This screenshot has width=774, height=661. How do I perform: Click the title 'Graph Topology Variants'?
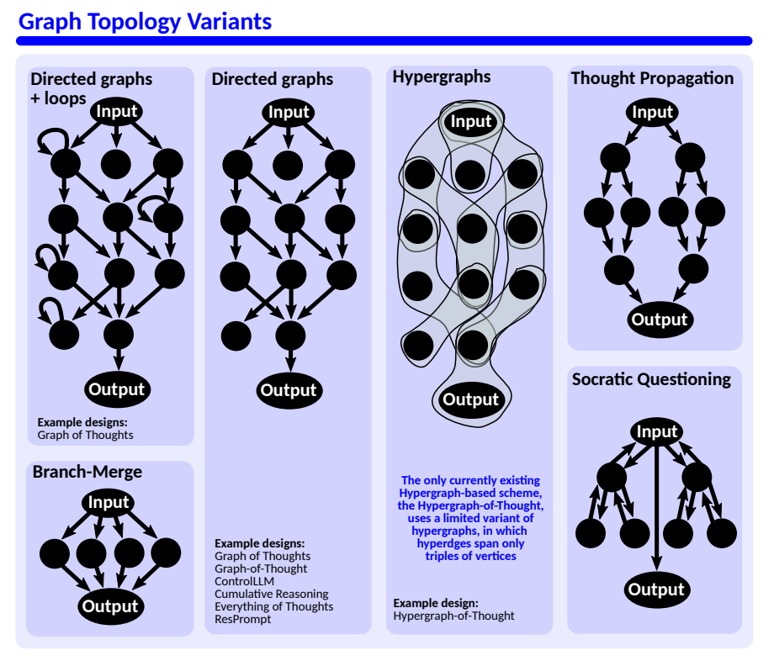click(145, 21)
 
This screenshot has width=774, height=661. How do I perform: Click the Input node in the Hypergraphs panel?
click(471, 122)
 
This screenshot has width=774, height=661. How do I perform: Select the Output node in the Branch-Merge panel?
click(109, 606)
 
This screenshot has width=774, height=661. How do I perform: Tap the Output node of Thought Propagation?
click(660, 320)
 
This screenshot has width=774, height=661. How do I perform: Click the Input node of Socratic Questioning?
click(657, 432)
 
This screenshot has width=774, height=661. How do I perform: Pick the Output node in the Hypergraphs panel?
click(471, 399)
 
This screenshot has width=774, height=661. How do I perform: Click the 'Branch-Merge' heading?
click(87, 472)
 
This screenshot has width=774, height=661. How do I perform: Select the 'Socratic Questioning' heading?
click(651, 379)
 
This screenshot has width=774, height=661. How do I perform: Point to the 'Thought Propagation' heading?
click(652, 78)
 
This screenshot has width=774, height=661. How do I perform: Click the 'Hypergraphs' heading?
click(442, 77)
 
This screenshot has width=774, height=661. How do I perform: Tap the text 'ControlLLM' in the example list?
click(244, 581)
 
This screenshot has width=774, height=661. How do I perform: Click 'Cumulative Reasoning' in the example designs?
click(271, 594)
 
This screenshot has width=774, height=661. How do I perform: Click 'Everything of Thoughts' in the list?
click(273, 606)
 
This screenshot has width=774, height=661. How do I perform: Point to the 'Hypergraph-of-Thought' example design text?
click(453, 616)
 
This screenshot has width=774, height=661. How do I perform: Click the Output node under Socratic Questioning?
click(656, 590)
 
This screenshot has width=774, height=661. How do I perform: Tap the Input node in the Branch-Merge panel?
click(109, 503)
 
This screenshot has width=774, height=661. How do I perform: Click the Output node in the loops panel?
click(117, 389)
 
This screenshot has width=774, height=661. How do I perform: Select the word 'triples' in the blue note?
click(445, 556)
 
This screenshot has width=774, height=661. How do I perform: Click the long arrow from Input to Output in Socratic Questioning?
click(656, 505)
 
